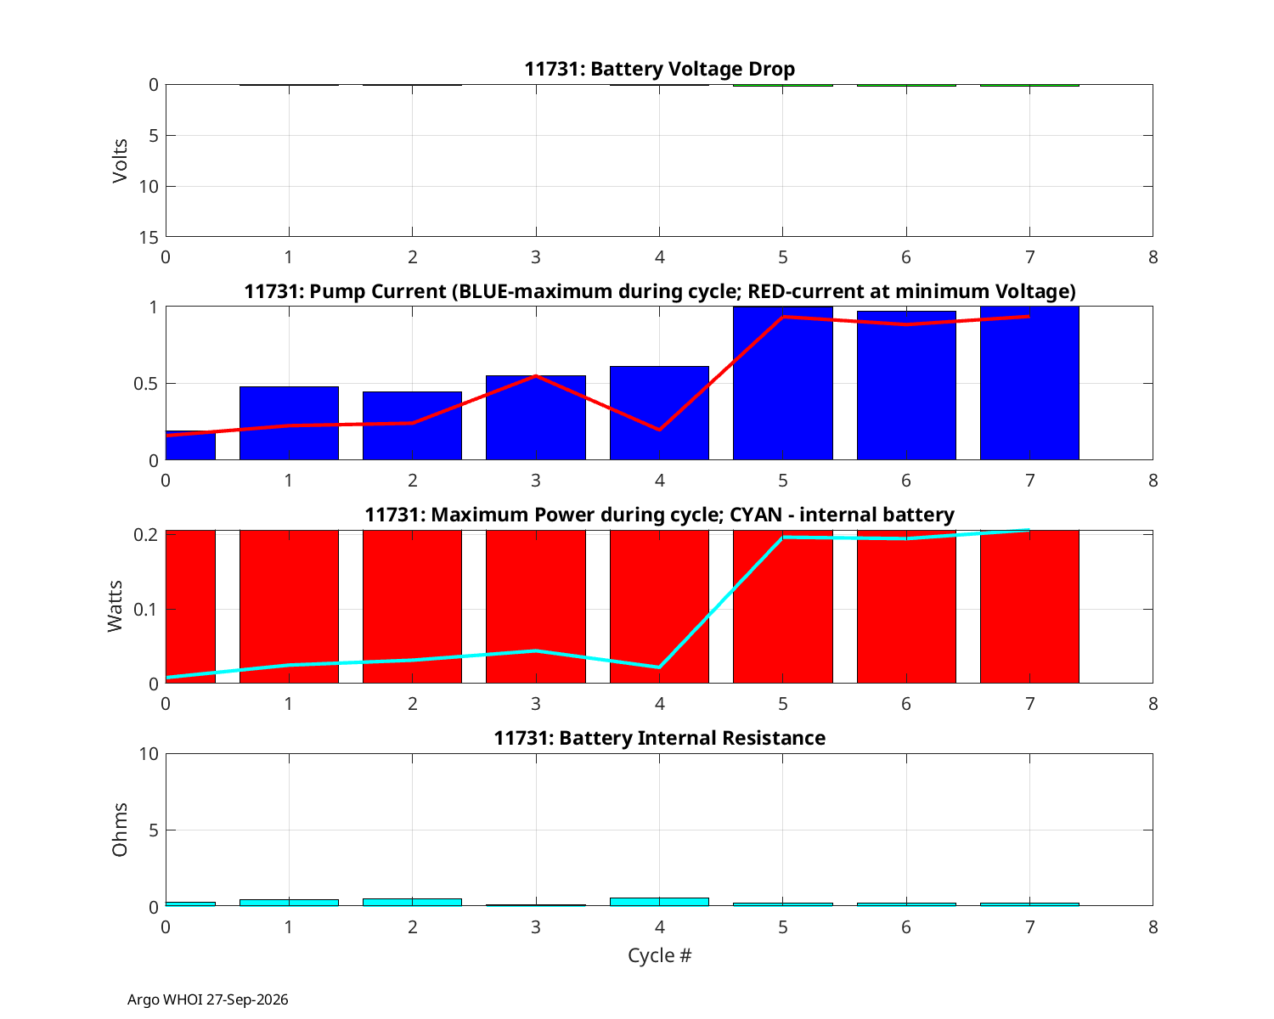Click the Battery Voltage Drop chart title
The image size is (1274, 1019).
pyautogui.click(x=659, y=69)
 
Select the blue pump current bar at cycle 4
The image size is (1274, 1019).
pyautogui.click(x=659, y=413)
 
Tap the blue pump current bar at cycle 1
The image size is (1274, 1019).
pyautogui.click(x=289, y=423)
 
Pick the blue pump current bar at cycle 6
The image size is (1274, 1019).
pyautogui.click(x=905, y=385)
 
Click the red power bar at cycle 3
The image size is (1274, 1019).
pyautogui.click(x=536, y=606)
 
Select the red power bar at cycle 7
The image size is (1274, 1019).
pyautogui.click(x=1029, y=606)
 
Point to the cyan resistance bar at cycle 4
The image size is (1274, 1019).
pyautogui.click(x=659, y=902)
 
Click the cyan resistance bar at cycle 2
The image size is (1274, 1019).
pyautogui.click(x=412, y=902)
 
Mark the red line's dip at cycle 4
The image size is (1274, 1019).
pyautogui.click(x=659, y=430)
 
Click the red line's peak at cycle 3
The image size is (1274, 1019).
pyautogui.click(x=536, y=376)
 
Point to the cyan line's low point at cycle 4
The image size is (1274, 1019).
pyautogui.click(x=659, y=667)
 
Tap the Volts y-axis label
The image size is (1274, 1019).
pyautogui.click(x=120, y=160)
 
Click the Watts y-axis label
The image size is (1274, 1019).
pyautogui.click(x=115, y=606)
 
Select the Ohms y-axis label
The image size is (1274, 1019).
pyautogui.click(x=120, y=830)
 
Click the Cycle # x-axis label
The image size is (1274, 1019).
pyautogui.click(x=659, y=955)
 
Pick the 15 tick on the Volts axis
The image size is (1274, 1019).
pyautogui.click(x=149, y=238)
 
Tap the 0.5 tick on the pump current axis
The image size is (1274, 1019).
pyautogui.click(x=145, y=384)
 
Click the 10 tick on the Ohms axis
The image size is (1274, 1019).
pyautogui.click(x=149, y=754)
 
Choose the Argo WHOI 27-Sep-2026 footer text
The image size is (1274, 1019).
pyautogui.click(x=208, y=999)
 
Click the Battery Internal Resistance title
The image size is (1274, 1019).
pyautogui.click(x=659, y=738)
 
